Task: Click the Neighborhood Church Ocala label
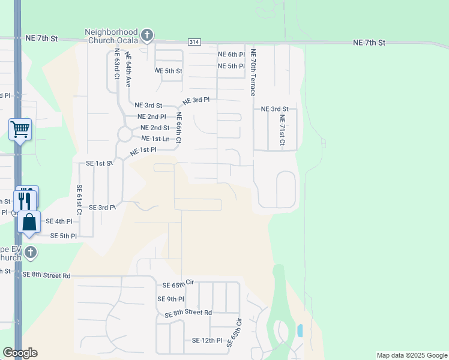coord(111,36)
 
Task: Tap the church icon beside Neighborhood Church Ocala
coord(148,36)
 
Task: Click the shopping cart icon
coord(20,128)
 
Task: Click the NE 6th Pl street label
coord(231,55)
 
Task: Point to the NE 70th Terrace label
coord(253,73)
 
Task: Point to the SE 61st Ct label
coord(79,200)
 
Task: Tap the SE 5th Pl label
coord(64,236)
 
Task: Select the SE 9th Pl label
coord(170,299)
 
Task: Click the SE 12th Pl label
coord(207,340)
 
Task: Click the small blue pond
coord(300,330)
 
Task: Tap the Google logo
coord(20,353)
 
